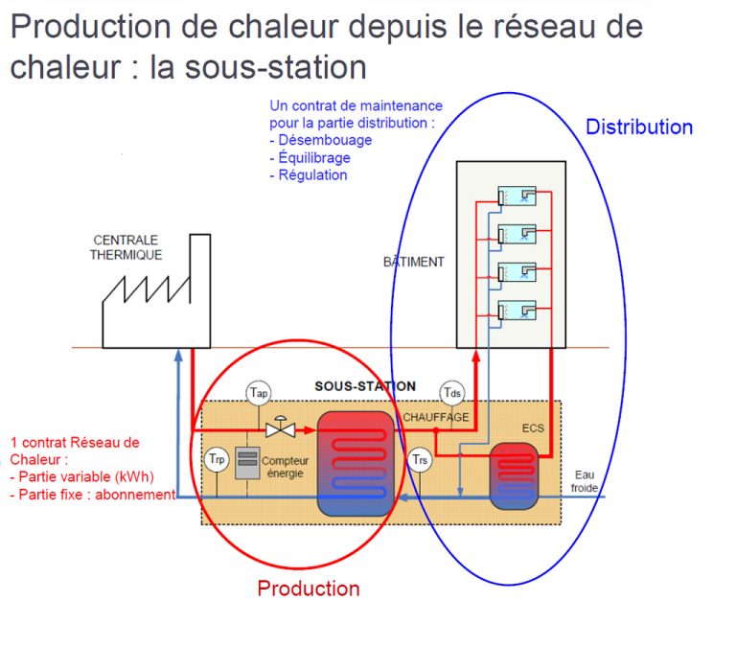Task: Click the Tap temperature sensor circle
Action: pyautogui.click(x=259, y=393)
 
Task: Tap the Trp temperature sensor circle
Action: pyautogui.click(x=217, y=459)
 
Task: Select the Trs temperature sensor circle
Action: pyautogui.click(x=420, y=460)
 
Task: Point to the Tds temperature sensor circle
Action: pyautogui.click(x=452, y=393)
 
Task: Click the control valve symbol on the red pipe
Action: pyautogui.click(x=280, y=427)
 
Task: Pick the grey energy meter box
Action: pyautogui.click(x=247, y=463)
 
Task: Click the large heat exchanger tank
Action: pyautogui.click(x=356, y=463)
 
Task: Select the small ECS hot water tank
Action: pyautogui.click(x=514, y=476)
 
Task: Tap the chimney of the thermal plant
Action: pyautogui.click(x=200, y=291)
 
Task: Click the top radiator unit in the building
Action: pyautogui.click(x=517, y=196)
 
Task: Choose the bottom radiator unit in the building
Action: pyautogui.click(x=517, y=310)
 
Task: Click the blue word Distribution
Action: pyautogui.click(x=639, y=127)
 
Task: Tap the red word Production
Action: pyautogui.click(x=309, y=589)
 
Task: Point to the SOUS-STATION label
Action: pyautogui.click(x=365, y=386)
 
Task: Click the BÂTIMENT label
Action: pyautogui.click(x=414, y=261)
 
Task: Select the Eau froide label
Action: pyautogui.click(x=585, y=481)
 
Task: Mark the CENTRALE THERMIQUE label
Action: pyautogui.click(x=126, y=247)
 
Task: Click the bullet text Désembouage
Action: pyautogui.click(x=325, y=140)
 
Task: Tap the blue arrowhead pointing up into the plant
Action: pyautogui.click(x=178, y=355)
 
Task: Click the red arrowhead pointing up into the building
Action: pyautogui.click(x=476, y=357)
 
